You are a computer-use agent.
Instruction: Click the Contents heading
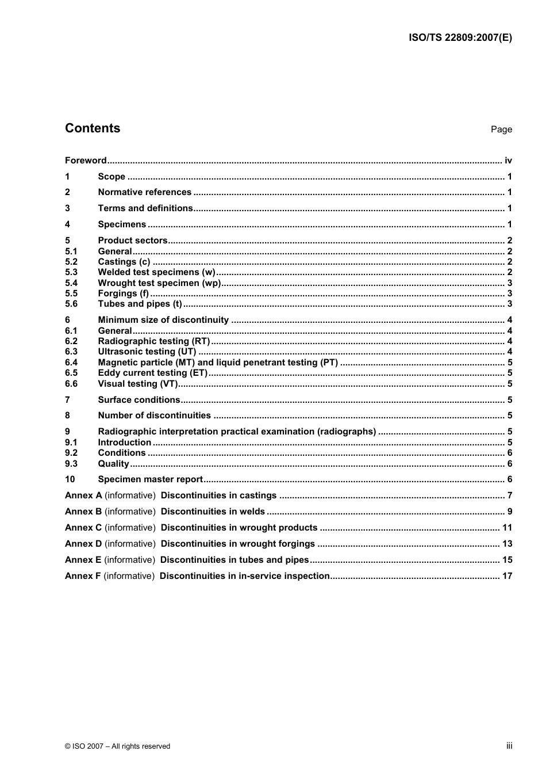(93, 128)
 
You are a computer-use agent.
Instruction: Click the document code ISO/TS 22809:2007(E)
(460, 38)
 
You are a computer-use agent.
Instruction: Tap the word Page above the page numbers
(501, 129)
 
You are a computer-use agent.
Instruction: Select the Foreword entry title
(86, 161)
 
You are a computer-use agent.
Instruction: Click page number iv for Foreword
(508, 161)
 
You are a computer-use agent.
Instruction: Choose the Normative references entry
(144, 192)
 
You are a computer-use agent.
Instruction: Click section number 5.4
(71, 283)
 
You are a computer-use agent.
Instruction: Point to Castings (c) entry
(124, 262)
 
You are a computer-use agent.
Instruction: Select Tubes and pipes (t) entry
(140, 304)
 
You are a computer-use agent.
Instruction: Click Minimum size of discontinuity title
(163, 320)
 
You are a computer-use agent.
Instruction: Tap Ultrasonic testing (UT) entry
(147, 352)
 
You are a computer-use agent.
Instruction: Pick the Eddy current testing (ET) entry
(152, 373)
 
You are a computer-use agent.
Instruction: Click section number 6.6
(71, 384)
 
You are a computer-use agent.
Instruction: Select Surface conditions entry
(139, 400)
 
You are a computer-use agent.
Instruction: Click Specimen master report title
(150, 479)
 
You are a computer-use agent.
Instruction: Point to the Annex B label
(83, 512)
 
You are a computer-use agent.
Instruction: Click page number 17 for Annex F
(507, 575)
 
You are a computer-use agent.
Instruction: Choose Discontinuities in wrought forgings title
(237, 544)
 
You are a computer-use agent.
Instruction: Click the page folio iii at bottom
(509, 746)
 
